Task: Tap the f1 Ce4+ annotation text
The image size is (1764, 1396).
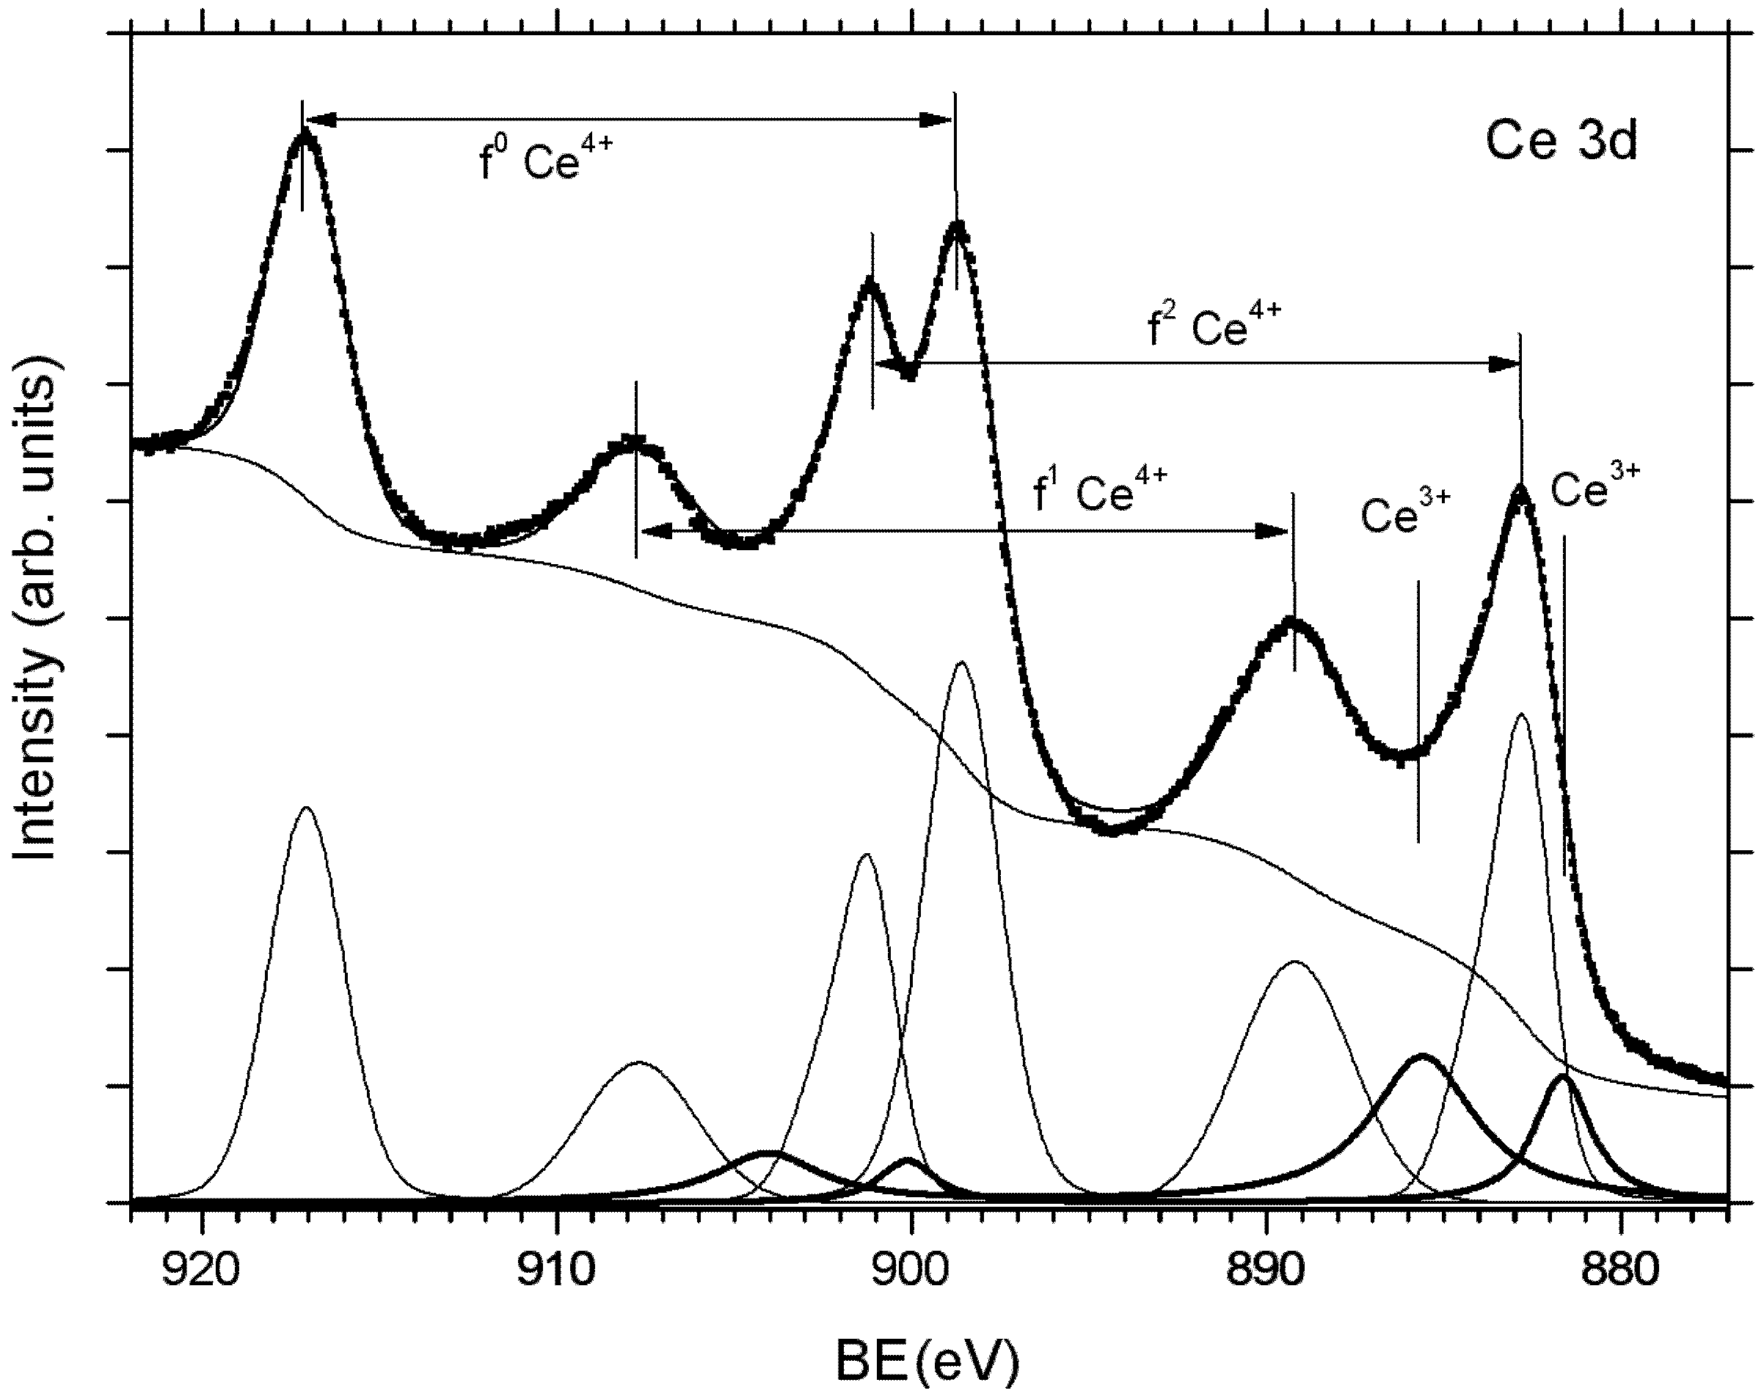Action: pyautogui.click(x=1100, y=491)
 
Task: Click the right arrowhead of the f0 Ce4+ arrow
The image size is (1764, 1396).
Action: pyautogui.click(x=937, y=120)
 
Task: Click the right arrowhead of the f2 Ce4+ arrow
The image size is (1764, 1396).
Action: pyautogui.click(x=1504, y=364)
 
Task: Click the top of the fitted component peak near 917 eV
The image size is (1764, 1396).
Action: pyautogui.click(x=307, y=808)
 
